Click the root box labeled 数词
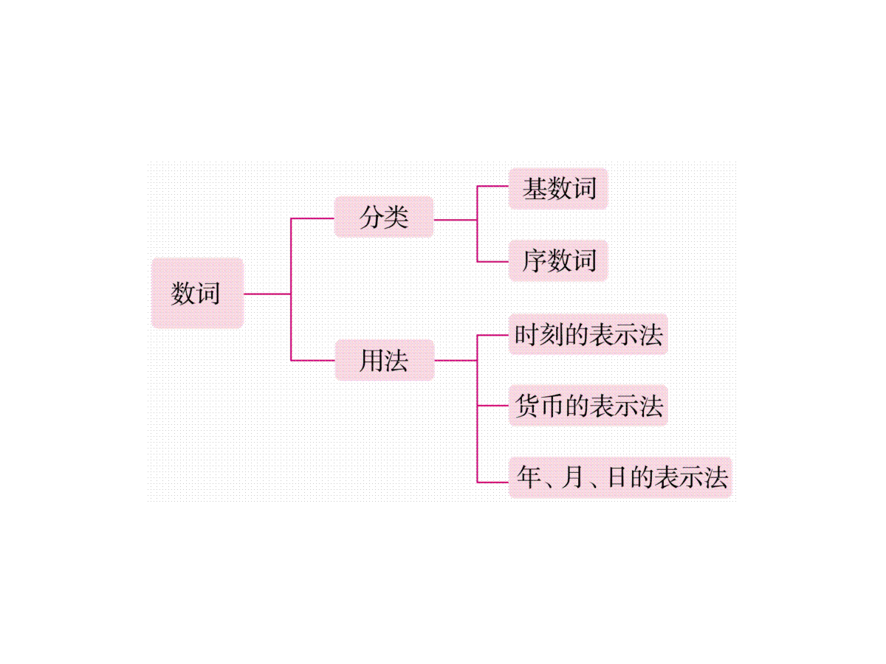[197, 293]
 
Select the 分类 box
[384, 218]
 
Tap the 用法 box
[384, 361]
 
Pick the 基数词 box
[558, 189]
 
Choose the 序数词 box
[558, 260]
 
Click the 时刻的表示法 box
[588, 335]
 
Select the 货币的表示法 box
[588, 406]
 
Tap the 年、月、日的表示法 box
[620, 477]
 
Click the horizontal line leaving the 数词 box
[267, 294]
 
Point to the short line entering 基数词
[493, 186]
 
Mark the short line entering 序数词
[493, 261]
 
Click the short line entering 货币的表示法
[493, 406]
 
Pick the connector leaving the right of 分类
[455, 219]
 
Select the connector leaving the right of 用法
[455, 361]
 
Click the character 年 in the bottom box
[529, 477]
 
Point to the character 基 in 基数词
[535, 189]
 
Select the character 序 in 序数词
[535, 260]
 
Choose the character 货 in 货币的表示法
[527, 406]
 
